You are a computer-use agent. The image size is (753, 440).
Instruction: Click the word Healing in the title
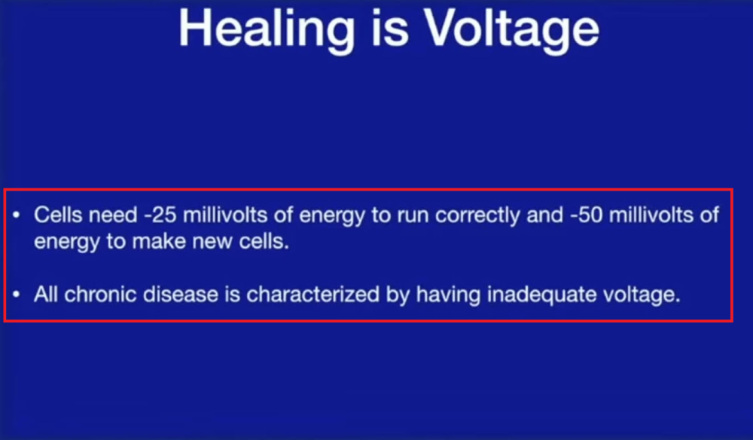267,30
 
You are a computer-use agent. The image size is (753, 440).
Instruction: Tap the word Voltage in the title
511,30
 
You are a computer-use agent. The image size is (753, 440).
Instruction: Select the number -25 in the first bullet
160,215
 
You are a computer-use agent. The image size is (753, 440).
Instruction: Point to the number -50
586,215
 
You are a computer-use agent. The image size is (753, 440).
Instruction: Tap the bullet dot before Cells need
17,215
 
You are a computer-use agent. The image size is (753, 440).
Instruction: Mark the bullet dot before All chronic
17,294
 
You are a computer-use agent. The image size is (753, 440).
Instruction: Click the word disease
181,294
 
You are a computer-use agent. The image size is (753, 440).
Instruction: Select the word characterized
312,294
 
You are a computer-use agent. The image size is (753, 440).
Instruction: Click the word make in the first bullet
159,241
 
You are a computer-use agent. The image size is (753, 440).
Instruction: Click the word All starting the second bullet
46,294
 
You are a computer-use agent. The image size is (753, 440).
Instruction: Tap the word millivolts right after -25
225,215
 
